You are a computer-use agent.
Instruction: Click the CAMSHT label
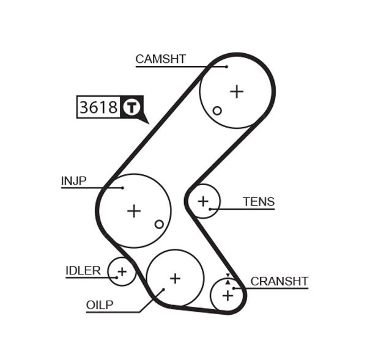160,59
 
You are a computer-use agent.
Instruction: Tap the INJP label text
73,181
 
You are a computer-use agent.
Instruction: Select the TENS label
258,202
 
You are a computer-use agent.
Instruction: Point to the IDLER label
83,271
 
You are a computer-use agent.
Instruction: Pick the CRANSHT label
279,281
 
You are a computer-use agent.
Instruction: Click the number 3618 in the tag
98,108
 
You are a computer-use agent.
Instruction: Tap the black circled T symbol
132,108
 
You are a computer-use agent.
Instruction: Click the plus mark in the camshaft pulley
237,92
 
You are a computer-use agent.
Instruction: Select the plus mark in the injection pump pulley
133,211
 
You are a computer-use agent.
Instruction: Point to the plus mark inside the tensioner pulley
203,200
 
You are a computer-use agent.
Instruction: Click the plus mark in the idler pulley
122,271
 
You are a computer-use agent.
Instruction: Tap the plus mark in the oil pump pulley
175,278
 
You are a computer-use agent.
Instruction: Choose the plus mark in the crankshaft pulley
228,296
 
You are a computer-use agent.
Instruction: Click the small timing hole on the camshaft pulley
217,111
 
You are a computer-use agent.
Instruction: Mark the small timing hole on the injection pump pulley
159,224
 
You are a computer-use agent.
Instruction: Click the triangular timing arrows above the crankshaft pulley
228,279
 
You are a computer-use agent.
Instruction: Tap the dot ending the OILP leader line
163,290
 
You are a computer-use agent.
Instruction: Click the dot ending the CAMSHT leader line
226,67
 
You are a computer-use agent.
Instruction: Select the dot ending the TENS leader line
210,209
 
